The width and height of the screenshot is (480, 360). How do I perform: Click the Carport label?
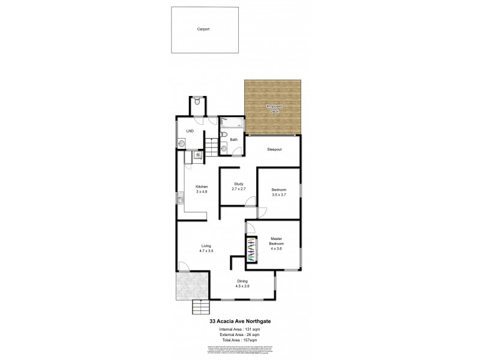(x=203, y=29)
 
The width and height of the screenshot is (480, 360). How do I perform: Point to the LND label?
(x=189, y=131)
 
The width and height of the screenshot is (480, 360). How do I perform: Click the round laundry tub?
(x=181, y=143)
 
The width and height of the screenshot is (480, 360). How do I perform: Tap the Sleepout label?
(x=274, y=149)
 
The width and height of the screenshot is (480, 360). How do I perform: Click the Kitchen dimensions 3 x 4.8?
(x=201, y=191)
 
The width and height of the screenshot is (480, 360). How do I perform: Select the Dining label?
(x=242, y=281)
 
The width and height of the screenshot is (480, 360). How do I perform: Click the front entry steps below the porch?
(x=201, y=307)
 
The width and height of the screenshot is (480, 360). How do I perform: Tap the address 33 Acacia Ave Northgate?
(x=240, y=321)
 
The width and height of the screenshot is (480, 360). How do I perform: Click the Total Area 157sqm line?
(x=240, y=340)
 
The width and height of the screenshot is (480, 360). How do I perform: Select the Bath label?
(x=233, y=140)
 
